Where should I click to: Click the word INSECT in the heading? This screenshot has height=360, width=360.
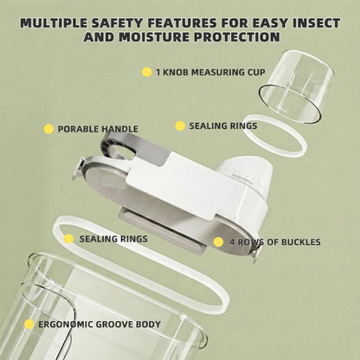pos(317,23)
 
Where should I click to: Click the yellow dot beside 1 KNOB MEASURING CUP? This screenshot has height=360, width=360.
pos(147,72)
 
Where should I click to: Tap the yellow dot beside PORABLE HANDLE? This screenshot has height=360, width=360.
pos(48,129)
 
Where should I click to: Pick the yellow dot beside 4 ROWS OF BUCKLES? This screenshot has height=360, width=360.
pos(218,242)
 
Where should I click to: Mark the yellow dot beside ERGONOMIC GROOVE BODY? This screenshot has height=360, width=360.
pos(29,325)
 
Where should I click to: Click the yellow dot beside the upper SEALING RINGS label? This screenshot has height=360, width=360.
pos(180,125)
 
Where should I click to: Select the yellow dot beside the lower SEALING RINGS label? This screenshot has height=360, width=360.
pos(68,239)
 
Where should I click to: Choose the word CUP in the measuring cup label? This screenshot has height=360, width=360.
pos(256,72)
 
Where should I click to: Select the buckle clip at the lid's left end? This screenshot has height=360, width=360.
pos(78,170)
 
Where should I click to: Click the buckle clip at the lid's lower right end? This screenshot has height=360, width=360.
pos(255,255)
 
